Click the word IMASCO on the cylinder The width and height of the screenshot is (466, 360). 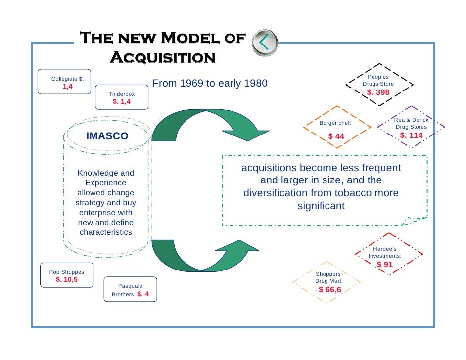point(107,136)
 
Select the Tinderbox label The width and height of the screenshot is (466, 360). point(122,94)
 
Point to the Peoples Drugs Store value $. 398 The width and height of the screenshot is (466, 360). point(378,92)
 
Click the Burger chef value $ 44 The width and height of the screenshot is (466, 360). point(336,136)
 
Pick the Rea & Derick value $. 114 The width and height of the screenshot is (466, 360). point(412,135)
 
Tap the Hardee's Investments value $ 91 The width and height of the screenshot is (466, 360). point(384,265)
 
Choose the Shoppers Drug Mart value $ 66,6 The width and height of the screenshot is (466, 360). point(329,289)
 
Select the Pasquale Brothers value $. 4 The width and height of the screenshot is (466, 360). point(146,294)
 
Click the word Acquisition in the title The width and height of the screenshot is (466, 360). point(162,58)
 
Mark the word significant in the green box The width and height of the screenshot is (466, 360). point(321,205)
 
